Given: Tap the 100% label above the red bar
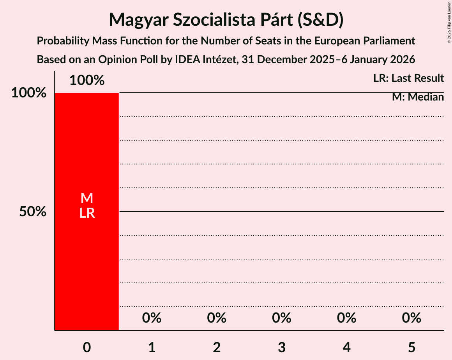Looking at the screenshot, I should pos(87,80).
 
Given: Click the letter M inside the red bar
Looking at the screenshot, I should pos(87,198).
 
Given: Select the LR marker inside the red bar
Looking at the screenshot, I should pos(87,213).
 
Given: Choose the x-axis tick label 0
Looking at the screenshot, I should pos(87,347).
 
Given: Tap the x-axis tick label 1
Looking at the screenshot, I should pos(152,347).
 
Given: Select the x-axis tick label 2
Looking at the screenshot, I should pos(217,347).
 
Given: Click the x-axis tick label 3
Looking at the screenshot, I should pos(282,347).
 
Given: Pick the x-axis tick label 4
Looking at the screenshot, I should pos(346,347).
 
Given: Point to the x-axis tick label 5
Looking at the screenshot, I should pos(411,347).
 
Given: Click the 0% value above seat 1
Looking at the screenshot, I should pos(152,318).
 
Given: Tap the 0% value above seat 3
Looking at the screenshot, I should pos(282,318).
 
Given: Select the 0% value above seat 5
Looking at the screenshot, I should pos(411,318).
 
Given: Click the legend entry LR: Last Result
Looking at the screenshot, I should pos(408,78).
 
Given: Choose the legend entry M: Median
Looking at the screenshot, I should pos(418,97).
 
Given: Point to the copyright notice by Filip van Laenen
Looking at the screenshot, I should pos(449,22).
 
